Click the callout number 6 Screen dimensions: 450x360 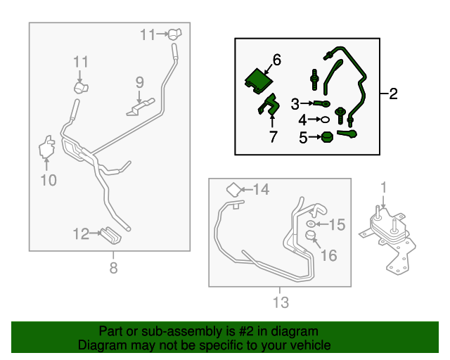tap(277, 60)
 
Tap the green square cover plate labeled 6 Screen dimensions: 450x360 tap(259, 81)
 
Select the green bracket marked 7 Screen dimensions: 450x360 tap(269, 104)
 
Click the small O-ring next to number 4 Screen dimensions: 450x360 tap(325, 120)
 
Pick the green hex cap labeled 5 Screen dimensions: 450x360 tap(327, 137)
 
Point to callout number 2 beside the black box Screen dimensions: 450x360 tap(393, 94)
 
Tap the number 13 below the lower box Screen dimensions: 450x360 tap(281, 302)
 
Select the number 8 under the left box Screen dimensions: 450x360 tap(114, 268)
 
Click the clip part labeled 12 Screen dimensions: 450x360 tap(111, 235)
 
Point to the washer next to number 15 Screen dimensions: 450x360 tap(311, 224)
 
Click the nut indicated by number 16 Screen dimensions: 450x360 tap(310, 235)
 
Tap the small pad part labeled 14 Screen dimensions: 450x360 tap(234, 189)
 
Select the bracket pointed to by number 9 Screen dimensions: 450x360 tap(141, 107)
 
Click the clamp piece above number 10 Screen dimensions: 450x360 tap(47, 147)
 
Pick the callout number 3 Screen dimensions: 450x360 tap(295, 104)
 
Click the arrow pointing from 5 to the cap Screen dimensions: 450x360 tap(315, 137)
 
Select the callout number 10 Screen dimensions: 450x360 tap(49, 180)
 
